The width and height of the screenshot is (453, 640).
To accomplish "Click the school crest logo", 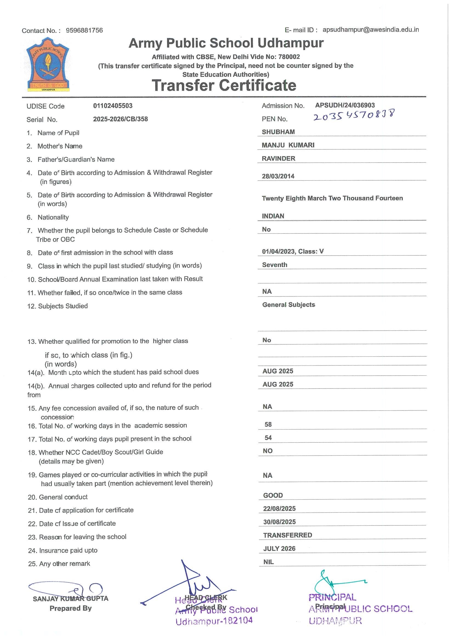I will click(x=48, y=65).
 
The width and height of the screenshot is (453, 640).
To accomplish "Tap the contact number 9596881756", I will click(x=84, y=30).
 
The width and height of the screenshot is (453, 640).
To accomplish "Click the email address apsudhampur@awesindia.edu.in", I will click(x=370, y=30).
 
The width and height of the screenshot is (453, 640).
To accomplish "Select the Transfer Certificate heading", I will click(x=224, y=85).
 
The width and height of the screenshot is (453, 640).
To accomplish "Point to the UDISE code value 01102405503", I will click(x=113, y=106).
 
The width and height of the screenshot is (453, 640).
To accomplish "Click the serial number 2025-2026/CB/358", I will click(x=120, y=119).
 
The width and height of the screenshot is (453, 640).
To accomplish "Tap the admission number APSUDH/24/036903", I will click(x=345, y=105).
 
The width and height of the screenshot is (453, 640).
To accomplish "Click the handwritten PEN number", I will click(x=354, y=115).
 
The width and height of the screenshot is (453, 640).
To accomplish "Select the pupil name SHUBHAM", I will click(x=278, y=132).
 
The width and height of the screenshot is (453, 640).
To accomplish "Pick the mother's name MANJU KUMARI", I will click(x=288, y=145).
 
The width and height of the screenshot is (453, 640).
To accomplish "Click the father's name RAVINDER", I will click(x=278, y=158).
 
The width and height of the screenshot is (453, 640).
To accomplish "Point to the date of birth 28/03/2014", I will click(x=278, y=176).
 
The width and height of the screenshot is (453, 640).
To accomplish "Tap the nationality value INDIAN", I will click(x=273, y=216).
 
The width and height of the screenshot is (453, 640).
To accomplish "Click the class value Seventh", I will click(x=274, y=265).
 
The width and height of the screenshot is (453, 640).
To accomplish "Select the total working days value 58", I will click(x=268, y=424).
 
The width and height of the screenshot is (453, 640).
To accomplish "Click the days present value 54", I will click(x=268, y=438).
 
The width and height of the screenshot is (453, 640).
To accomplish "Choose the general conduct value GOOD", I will click(x=273, y=495).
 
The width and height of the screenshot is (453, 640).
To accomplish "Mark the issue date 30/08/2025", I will click(x=279, y=522).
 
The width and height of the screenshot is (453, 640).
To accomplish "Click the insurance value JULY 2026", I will click(x=279, y=548).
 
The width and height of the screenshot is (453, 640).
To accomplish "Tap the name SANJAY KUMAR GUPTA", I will click(x=70, y=598).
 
